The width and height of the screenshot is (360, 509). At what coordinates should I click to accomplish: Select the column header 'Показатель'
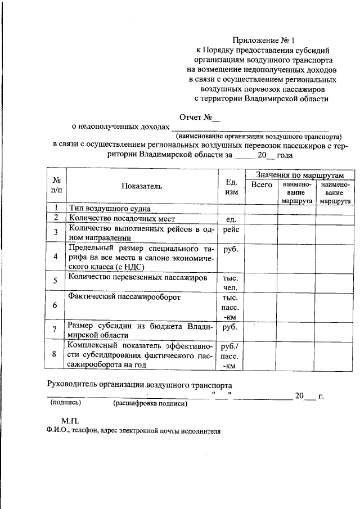(141, 186)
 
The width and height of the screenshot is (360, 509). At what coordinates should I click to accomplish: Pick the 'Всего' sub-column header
(261, 184)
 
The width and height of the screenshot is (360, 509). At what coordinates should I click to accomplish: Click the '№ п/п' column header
(56, 186)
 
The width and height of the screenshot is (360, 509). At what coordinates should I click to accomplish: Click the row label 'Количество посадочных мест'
(122, 218)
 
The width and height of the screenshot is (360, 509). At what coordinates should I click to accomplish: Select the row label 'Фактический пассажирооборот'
(124, 296)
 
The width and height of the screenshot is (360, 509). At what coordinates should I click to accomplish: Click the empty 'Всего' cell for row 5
(261, 281)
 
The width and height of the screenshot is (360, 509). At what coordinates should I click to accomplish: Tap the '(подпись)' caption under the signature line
(66, 403)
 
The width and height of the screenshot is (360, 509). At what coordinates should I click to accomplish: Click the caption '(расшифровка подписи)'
(149, 403)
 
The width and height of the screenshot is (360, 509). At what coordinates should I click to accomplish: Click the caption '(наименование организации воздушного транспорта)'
(258, 136)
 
